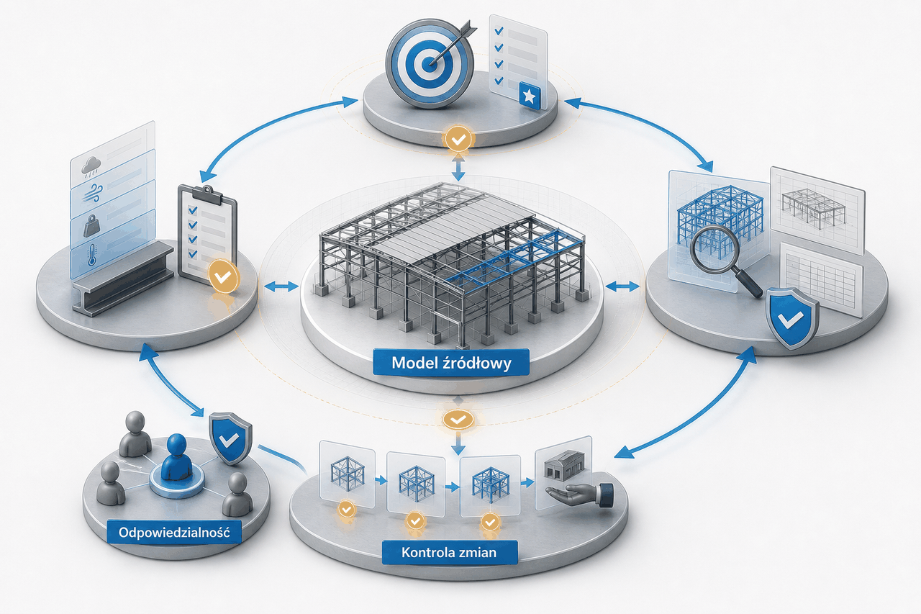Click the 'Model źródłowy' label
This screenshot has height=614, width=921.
[x=451, y=363]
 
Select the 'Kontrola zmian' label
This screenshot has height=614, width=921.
[x=450, y=552]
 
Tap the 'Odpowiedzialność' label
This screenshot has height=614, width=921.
[x=174, y=532]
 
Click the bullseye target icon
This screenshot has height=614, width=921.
[x=430, y=62]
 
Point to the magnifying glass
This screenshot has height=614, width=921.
[x=722, y=257]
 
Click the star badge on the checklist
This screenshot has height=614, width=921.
[x=529, y=96]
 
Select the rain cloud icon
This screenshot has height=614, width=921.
[x=91, y=167]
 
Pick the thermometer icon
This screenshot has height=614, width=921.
[x=91, y=254]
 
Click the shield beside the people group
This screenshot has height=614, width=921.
[x=230, y=439]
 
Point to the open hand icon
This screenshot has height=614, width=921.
[x=580, y=494]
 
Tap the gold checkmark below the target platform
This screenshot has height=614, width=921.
[x=458, y=140]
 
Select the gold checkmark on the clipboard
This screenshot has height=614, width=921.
[x=223, y=276]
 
